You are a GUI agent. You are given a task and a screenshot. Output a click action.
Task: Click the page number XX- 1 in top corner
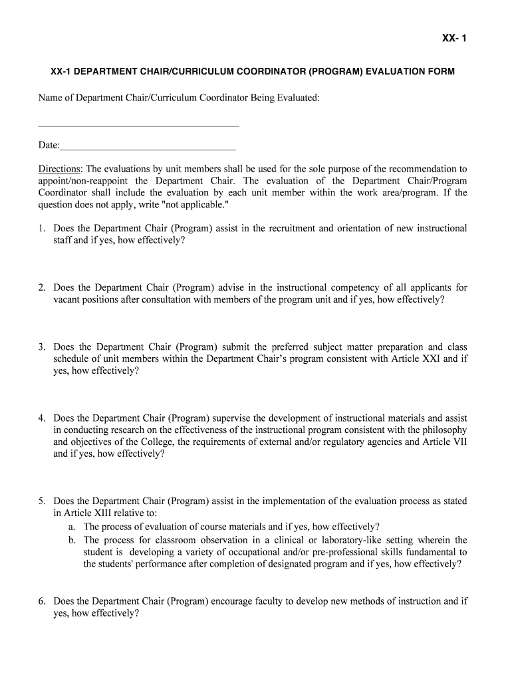[454, 39]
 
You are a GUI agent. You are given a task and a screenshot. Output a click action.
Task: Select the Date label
[49, 146]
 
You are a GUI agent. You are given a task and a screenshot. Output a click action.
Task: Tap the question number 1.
[41, 228]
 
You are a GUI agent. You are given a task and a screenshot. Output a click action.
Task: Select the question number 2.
[41, 288]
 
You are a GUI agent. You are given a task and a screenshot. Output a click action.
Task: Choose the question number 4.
[41, 418]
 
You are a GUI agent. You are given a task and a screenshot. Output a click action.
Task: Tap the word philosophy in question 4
[442, 430]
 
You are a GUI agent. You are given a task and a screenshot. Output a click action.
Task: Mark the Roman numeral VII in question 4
[459, 442]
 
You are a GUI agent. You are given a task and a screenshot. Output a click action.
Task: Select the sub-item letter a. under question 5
[72, 526]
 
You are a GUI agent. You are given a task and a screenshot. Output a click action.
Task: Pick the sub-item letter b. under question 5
[72, 540]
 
